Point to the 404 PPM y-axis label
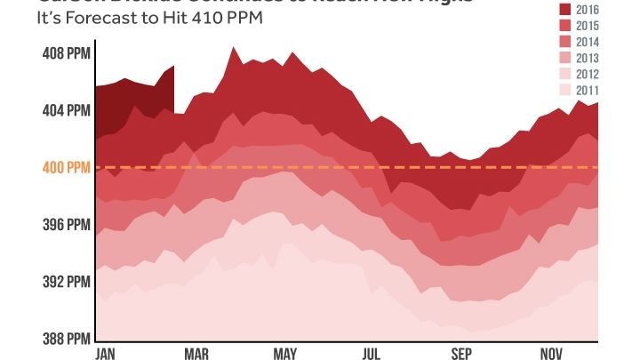(66, 111)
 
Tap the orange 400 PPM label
(65, 167)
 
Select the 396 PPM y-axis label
(66, 225)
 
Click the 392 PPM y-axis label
(66, 282)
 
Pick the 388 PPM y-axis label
(66, 339)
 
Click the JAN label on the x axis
(108, 354)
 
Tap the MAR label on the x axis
(196, 354)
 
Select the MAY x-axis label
(284, 354)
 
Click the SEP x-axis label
(461, 354)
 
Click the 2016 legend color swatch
(564, 9)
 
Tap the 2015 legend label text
(588, 26)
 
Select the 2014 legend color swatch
(564, 42)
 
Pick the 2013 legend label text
(588, 58)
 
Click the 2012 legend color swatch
(564, 74)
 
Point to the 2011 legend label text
(588, 90)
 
